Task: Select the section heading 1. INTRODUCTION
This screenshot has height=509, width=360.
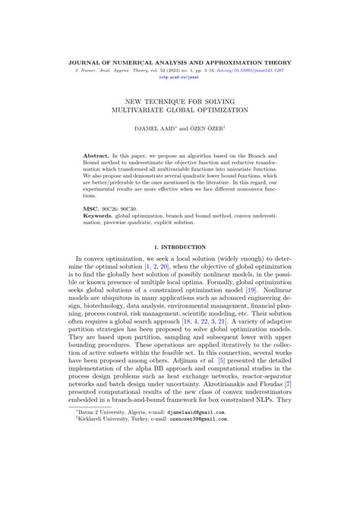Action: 179,248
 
